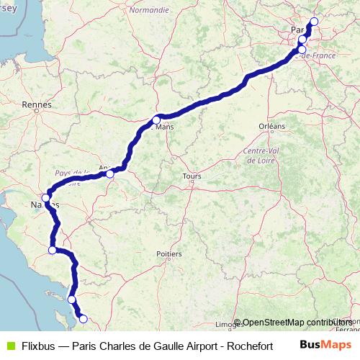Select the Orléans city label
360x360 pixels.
[272, 126]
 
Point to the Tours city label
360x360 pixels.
[192, 176]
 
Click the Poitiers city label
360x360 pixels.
[168, 253]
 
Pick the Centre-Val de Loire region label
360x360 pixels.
[261, 156]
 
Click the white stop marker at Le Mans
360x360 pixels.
[156, 120]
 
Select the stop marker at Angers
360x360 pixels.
[109, 174]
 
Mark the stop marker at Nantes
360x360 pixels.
[45, 197]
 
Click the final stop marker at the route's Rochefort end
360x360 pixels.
[83, 318]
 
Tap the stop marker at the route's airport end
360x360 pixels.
[314, 21]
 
